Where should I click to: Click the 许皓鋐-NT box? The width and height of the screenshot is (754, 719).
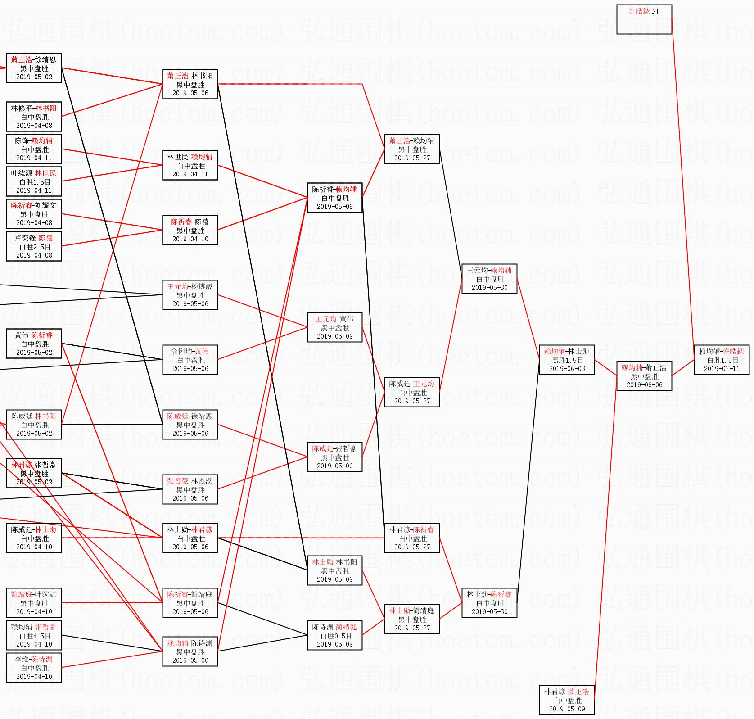coord(644,19)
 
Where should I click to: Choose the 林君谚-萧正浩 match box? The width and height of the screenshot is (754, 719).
coord(566,700)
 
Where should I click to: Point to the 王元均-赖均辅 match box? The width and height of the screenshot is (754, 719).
coord(489,278)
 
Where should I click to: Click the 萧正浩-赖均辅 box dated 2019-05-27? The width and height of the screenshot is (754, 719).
coord(411,149)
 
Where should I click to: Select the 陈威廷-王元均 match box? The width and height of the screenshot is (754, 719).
coord(411,392)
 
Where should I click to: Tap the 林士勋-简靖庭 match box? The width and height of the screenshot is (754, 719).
coord(411,619)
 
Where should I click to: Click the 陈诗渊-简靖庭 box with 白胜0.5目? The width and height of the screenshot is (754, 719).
coord(334,635)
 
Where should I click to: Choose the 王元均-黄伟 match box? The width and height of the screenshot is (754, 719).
coord(334,327)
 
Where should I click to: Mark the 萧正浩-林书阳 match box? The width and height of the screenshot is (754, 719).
coord(190,84)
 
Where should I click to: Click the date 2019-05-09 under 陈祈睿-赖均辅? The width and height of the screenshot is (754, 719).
coord(334,207)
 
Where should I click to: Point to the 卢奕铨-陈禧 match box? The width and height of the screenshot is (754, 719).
coord(34,246)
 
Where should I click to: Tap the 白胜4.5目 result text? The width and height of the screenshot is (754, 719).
coord(35,636)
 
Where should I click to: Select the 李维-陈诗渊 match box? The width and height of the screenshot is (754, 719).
coord(34,667)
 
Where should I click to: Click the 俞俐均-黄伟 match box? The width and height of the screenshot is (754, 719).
coord(190,359)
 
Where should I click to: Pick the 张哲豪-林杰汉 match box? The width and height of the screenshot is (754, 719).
coord(190,489)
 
